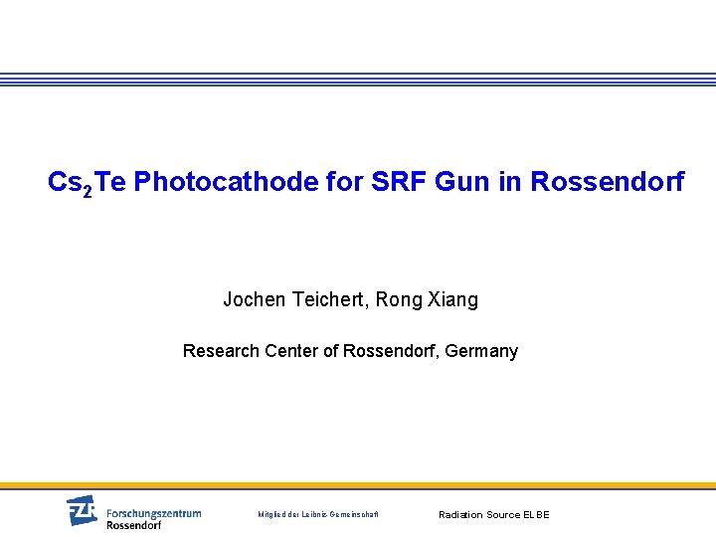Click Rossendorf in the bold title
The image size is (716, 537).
click(608, 182)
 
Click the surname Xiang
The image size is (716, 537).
click(452, 299)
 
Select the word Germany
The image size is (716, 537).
click(481, 351)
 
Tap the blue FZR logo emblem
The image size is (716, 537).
click(83, 511)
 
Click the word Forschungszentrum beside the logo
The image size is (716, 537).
click(153, 513)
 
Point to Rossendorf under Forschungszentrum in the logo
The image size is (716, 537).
click(133, 525)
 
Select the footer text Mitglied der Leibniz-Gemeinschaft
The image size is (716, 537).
click(318, 515)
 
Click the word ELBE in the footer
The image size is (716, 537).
click(535, 515)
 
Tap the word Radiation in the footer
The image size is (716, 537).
click(460, 515)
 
